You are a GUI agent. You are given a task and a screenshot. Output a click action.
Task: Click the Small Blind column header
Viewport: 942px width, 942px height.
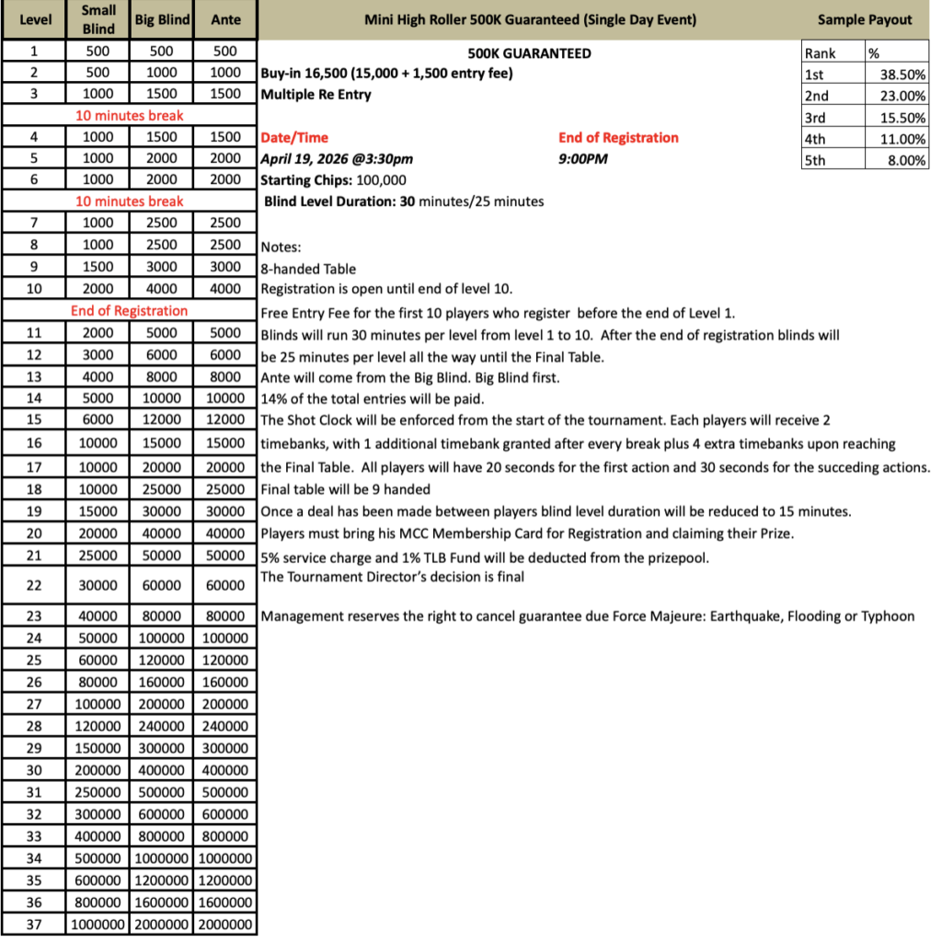click(98, 19)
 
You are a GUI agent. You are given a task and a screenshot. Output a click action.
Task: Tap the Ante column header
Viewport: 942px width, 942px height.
click(225, 19)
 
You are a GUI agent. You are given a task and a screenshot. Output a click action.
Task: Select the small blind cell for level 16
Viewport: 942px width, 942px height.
click(98, 443)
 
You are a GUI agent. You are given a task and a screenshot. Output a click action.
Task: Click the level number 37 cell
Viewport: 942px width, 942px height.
click(34, 925)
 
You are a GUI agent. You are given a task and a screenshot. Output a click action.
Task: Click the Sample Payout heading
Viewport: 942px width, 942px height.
click(865, 19)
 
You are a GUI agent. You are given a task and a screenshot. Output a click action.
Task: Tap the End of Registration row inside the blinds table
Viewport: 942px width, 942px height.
click(129, 311)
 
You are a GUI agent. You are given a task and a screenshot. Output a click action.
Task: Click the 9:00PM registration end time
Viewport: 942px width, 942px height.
click(583, 158)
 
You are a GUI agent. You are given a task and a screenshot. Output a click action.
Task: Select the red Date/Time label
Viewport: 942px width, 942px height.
click(294, 138)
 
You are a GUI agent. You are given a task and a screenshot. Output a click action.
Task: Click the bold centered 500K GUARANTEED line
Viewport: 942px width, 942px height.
click(529, 53)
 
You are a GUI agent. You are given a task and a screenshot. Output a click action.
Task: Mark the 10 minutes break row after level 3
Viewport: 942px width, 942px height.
click(129, 116)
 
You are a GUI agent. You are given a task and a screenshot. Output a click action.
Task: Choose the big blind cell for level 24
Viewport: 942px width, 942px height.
click(162, 638)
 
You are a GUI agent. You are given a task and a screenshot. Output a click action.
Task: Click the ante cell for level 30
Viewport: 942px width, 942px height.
click(225, 770)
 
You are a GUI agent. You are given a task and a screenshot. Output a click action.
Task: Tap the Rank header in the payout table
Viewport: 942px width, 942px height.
click(821, 53)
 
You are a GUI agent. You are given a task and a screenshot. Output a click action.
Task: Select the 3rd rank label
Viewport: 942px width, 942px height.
click(816, 117)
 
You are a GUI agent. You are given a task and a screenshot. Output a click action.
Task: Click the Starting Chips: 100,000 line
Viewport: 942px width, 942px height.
click(333, 179)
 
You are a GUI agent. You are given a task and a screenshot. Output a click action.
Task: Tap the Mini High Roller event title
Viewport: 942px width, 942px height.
click(530, 19)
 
